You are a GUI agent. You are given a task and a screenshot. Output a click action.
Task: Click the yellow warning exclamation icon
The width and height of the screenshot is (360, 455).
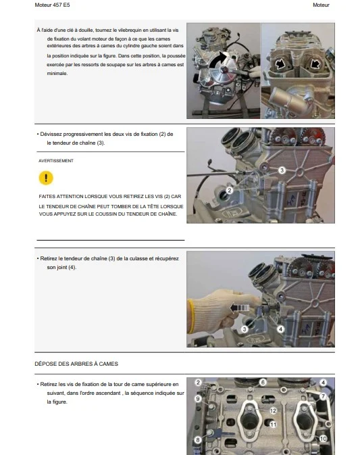[x=46, y=178]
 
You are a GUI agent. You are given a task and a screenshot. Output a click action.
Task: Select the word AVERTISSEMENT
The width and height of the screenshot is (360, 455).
[x=56, y=161]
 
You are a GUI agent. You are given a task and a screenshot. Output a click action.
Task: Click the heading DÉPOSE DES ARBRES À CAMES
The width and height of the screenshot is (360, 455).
[x=76, y=364]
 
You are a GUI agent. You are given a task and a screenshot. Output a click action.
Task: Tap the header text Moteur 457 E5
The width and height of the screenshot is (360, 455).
[x=52, y=5]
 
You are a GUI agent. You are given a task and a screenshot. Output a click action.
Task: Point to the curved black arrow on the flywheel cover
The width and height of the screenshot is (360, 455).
[x=217, y=60]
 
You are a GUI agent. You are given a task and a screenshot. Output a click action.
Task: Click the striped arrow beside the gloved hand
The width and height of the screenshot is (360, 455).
[x=239, y=308]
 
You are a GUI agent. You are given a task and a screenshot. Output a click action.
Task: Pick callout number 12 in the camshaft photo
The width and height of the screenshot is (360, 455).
[x=273, y=410]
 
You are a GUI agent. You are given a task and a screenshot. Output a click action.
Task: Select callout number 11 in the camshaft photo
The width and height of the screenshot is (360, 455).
[x=273, y=425]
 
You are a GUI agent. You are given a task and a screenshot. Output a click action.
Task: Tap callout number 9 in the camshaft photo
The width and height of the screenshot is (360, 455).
[x=198, y=398]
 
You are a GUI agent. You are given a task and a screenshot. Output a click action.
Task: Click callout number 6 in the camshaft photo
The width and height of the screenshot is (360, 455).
[x=263, y=382]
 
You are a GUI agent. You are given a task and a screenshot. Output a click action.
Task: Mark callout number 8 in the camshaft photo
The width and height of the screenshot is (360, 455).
[x=198, y=440]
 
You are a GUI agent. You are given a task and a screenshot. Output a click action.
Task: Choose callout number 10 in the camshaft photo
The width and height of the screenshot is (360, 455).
[x=323, y=439]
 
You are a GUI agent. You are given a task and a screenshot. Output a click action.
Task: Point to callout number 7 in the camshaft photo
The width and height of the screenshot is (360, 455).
[x=323, y=396]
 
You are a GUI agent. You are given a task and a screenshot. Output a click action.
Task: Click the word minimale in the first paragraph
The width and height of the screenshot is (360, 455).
[x=57, y=74]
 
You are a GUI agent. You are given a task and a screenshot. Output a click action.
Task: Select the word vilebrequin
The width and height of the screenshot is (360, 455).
[x=128, y=30]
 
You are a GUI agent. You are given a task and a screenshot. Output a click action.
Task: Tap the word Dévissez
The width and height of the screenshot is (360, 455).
[x=51, y=134]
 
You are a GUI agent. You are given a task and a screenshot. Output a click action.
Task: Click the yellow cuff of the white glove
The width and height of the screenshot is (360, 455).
[x=190, y=316]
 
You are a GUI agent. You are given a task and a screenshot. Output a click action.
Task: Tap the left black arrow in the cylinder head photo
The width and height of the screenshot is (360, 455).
[x=280, y=64]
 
